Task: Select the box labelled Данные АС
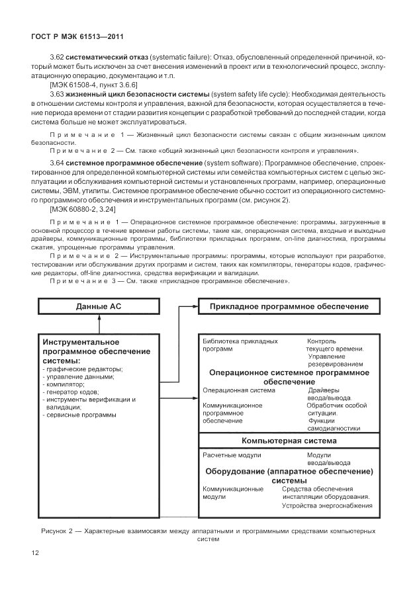pyautogui.click(x=99, y=306)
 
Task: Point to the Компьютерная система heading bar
pyautogui.click(x=289, y=440)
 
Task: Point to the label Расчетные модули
pyautogui.click(x=232, y=455)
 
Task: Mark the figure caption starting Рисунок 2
pyautogui.click(x=207, y=535)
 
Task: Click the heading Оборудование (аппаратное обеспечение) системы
pyautogui.click(x=289, y=476)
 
